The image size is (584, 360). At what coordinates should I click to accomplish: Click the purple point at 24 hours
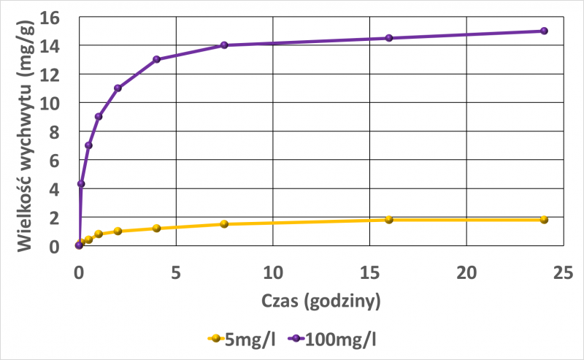pyautogui.click(x=544, y=31)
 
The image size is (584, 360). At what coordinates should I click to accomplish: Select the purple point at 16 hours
pyautogui.click(x=389, y=38)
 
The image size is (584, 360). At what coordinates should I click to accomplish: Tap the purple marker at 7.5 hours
pyautogui.click(x=224, y=45)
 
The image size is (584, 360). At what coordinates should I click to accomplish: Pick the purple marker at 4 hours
pyautogui.click(x=156, y=59)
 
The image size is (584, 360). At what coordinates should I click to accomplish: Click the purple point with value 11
pyautogui.click(x=118, y=88)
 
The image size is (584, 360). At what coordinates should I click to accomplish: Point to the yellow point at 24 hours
pyautogui.click(x=544, y=219)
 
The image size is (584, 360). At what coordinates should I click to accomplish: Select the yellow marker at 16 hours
pyautogui.click(x=389, y=219)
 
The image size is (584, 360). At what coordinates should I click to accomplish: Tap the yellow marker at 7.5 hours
pyautogui.click(x=224, y=223)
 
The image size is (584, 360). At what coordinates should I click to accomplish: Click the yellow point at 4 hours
pyautogui.click(x=156, y=228)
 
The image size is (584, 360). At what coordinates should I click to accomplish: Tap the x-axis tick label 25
pyautogui.click(x=562, y=273)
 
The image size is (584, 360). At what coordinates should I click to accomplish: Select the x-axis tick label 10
pyautogui.click(x=272, y=273)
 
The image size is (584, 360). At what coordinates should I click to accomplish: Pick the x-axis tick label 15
pyautogui.click(x=369, y=273)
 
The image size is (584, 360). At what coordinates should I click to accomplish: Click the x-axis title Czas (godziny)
pyautogui.click(x=320, y=300)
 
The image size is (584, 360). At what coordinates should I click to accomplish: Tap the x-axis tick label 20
pyautogui.click(x=466, y=273)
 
